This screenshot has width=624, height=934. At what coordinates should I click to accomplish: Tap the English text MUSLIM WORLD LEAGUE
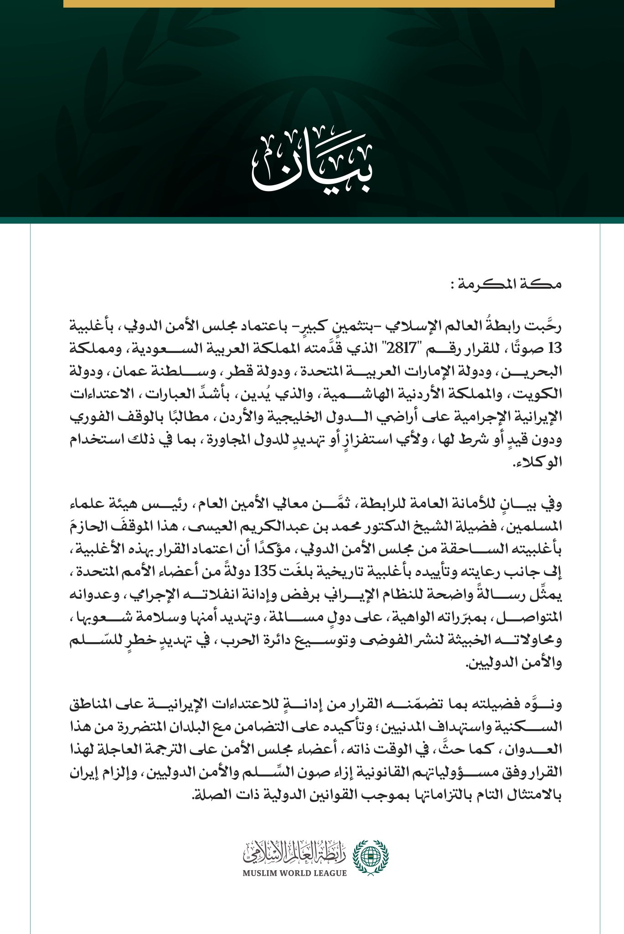point(294,873)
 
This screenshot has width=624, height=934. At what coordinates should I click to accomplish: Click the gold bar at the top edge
point(309,4)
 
